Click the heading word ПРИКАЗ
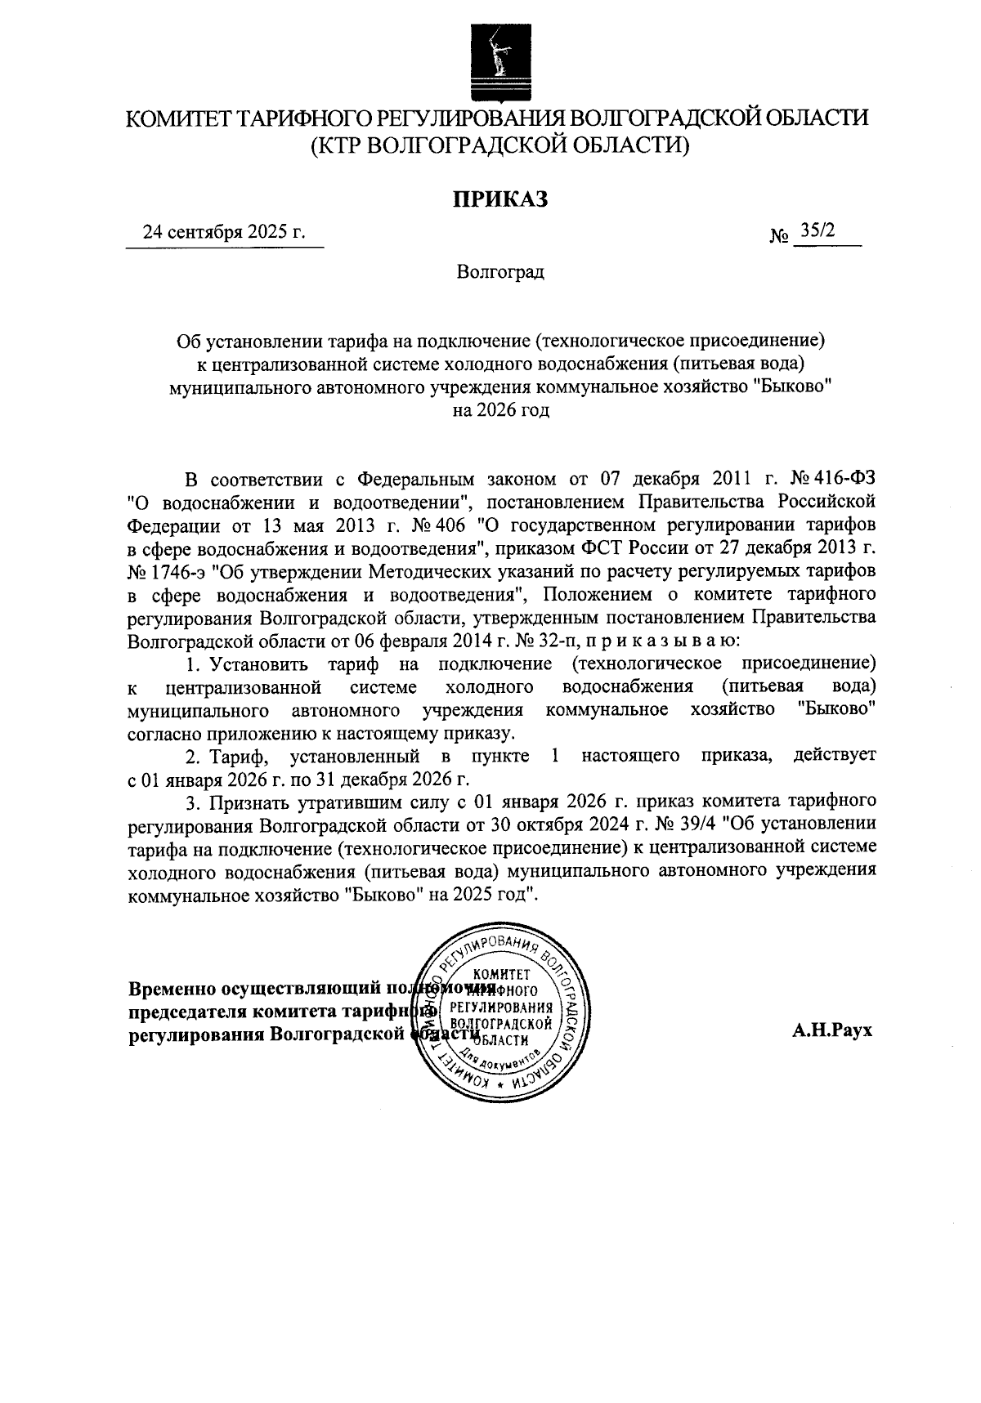(500, 198)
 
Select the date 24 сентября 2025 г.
(224, 232)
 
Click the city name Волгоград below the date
(500, 272)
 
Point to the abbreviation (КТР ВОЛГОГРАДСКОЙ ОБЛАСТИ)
(500, 145)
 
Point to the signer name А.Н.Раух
(832, 1030)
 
